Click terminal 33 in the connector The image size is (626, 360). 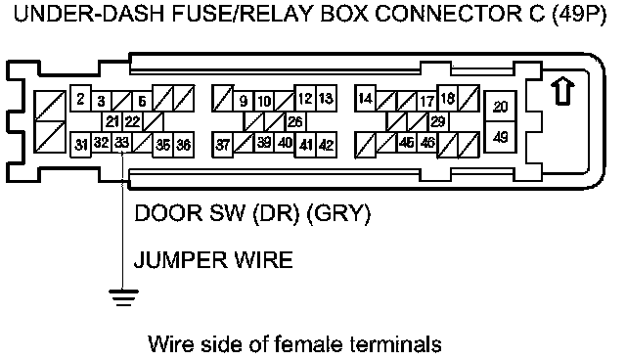(x=121, y=143)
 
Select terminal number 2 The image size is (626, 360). (x=80, y=98)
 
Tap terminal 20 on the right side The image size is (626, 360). (x=500, y=107)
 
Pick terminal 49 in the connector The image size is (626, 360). (x=500, y=137)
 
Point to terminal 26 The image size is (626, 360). (x=295, y=121)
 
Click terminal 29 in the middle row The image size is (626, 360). (x=438, y=121)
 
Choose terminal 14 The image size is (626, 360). (x=365, y=98)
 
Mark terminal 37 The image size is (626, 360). (x=222, y=145)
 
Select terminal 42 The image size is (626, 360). (x=326, y=145)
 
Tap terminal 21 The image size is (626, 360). (x=112, y=121)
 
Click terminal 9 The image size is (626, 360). (x=244, y=102)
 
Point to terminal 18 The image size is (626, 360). (x=448, y=98)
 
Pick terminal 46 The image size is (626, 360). (x=427, y=142)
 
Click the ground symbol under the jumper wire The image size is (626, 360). (x=124, y=297)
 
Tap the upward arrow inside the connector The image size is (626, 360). (x=563, y=92)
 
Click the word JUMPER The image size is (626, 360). (x=180, y=260)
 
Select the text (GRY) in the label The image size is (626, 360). (x=338, y=213)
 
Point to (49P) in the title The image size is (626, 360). (x=580, y=15)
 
